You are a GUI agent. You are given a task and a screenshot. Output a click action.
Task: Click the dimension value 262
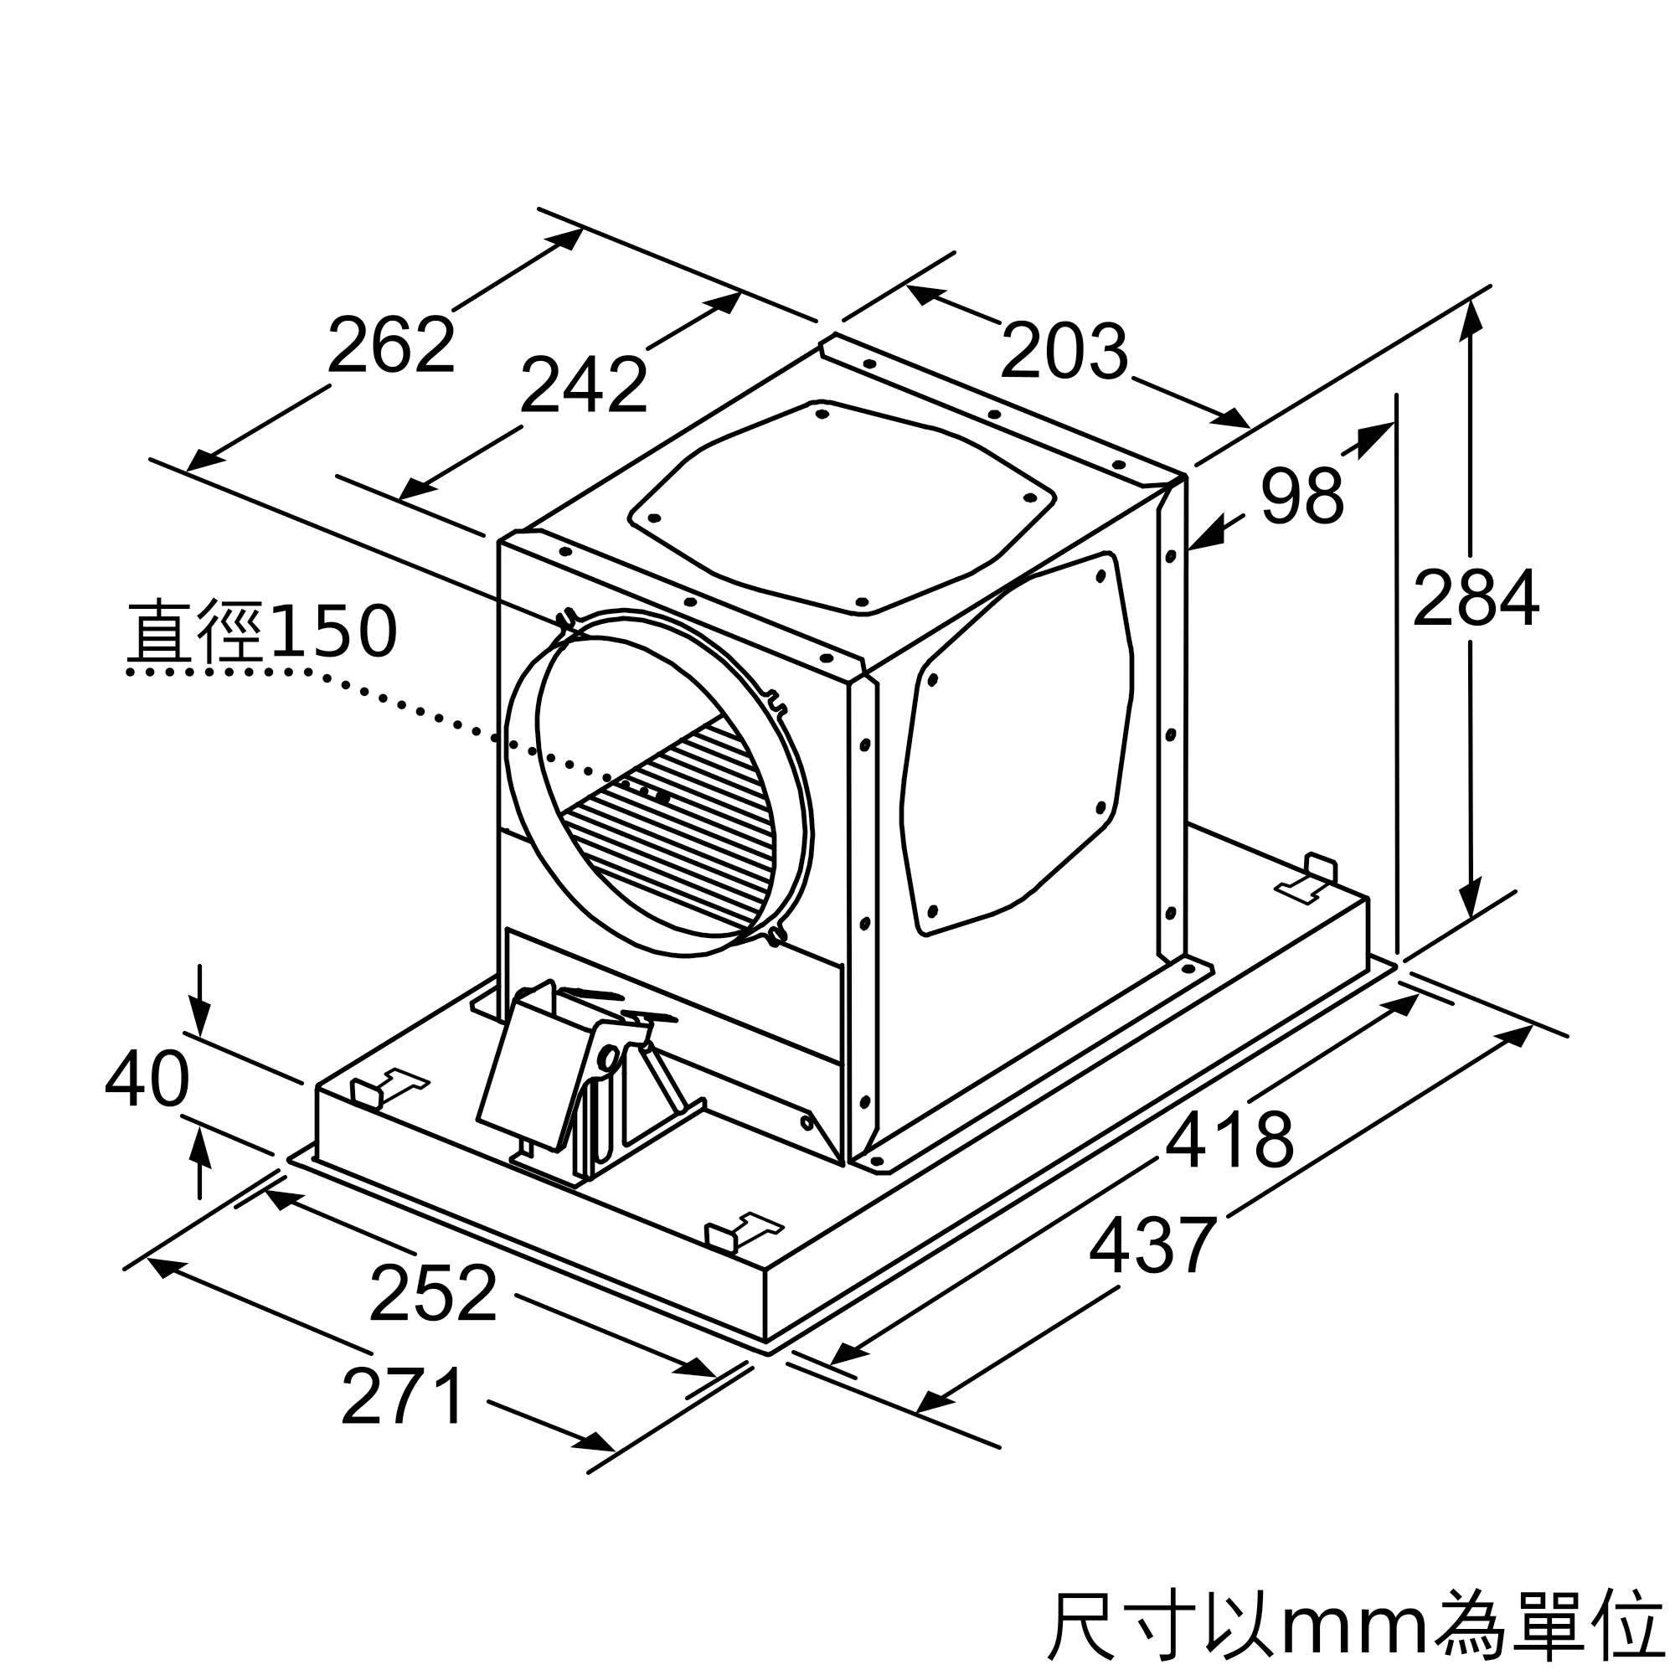(x=391, y=346)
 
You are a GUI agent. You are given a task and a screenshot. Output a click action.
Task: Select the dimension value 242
(x=584, y=385)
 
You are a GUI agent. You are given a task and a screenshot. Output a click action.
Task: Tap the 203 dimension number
(x=1064, y=351)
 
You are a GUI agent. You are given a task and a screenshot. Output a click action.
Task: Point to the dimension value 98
(x=1301, y=496)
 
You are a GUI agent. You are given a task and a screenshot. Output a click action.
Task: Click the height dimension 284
(x=1476, y=597)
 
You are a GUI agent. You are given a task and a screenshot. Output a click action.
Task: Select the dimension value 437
(x=1153, y=1245)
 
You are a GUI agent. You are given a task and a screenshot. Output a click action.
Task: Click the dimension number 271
(x=403, y=1396)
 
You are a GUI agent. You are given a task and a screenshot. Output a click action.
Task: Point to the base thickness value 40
(x=147, y=1080)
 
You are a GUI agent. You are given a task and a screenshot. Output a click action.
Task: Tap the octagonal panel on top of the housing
(x=841, y=508)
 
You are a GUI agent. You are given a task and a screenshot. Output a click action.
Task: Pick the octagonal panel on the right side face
(x=1018, y=745)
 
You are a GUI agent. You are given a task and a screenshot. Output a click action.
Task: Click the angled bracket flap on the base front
(x=528, y=1070)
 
